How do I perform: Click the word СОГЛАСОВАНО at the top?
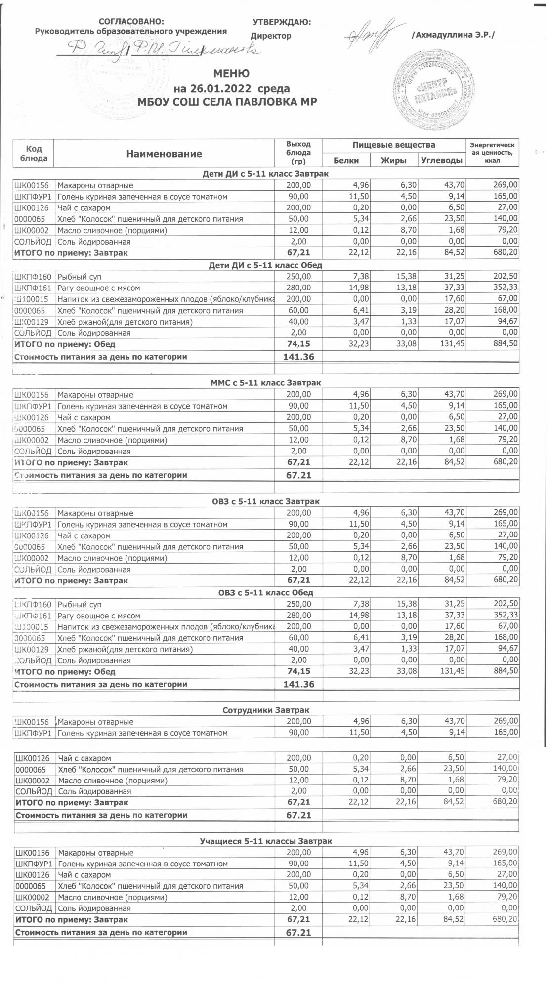[130, 22]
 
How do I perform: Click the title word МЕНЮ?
[231, 74]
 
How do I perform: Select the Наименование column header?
[164, 154]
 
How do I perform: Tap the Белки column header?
[346, 161]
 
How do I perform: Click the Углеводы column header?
[441, 161]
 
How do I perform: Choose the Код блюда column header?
[34, 154]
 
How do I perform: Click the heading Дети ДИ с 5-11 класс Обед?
[266, 265]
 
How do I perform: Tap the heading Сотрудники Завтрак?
[266, 710]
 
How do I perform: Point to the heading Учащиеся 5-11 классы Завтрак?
[266, 841]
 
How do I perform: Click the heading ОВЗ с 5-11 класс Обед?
[266, 593]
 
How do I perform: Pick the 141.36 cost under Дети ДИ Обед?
[298, 357]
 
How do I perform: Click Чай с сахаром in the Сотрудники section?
[84, 758]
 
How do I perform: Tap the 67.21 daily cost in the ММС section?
[298, 475]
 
